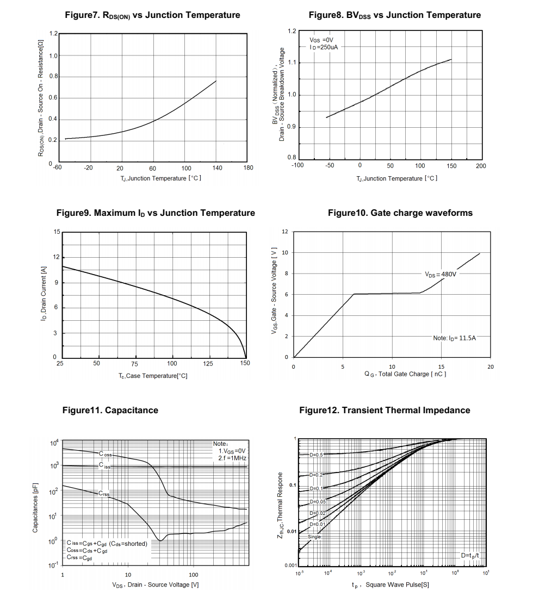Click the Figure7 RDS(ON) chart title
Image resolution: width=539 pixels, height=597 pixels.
(152, 15)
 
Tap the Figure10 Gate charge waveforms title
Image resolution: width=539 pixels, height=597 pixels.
(400, 213)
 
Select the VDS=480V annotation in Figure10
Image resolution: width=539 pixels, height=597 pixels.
(441, 274)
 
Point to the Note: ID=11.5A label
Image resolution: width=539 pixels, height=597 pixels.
(455, 338)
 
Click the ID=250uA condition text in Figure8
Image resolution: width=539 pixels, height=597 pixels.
(324, 47)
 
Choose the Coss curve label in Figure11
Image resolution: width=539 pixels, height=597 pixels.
(106, 454)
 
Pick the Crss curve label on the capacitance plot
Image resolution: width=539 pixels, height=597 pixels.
(104, 494)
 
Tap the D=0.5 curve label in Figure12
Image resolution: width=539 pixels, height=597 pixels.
(316, 455)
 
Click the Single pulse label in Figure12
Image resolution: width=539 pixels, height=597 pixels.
(314, 537)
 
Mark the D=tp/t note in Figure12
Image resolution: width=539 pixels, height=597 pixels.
(470, 556)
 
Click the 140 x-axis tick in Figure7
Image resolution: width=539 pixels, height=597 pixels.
(217, 168)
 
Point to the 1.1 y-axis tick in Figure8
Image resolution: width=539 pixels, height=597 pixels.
(292, 63)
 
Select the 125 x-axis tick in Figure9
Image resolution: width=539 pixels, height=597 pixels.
(208, 364)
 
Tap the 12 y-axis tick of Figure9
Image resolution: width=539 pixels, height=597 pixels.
(57, 257)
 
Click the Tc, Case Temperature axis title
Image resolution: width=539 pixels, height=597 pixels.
(153, 376)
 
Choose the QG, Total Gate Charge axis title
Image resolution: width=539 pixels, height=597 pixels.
(405, 374)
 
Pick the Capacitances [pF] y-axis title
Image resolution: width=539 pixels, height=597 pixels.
(35, 507)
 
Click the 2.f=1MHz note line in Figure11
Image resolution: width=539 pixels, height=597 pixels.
(232, 458)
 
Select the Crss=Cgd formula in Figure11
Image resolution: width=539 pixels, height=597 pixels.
(79, 558)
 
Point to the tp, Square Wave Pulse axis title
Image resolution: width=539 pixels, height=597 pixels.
(391, 585)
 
